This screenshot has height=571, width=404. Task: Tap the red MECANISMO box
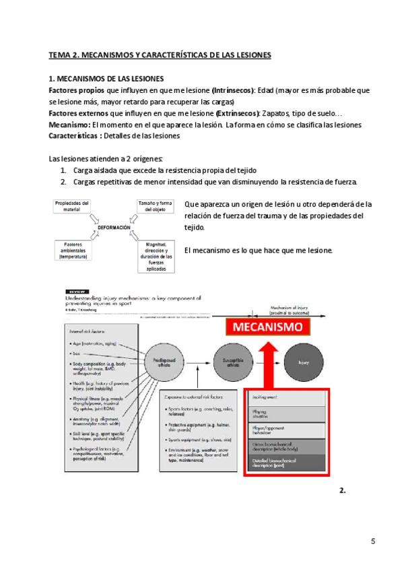269,328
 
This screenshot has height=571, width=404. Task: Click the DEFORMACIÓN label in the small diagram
114,228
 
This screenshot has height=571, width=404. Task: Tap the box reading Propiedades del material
71,205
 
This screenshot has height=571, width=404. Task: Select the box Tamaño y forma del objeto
156,205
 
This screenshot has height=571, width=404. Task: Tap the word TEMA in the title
61,54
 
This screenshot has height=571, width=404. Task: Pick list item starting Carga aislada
166,170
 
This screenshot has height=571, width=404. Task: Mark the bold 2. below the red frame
342,490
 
